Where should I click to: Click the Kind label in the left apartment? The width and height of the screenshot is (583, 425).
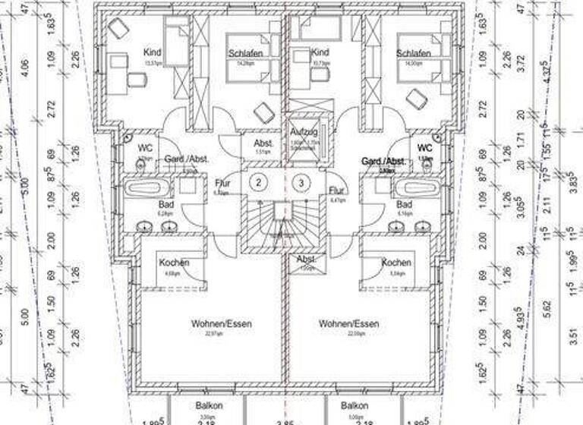click(x=153, y=52)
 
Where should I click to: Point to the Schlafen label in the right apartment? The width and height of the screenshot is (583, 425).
click(x=413, y=54)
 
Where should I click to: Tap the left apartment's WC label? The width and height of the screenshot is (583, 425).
click(x=145, y=148)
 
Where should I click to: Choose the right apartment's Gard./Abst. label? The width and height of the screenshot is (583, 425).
click(x=383, y=162)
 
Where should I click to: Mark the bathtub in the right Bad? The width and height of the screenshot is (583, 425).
click(x=420, y=187)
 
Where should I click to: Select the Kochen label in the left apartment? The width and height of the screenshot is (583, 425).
click(x=174, y=263)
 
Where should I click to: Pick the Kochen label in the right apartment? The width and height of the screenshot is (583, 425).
click(x=395, y=263)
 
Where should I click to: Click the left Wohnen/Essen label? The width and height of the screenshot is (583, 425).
click(x=221, y=323)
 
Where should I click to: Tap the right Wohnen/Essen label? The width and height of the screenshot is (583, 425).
click(x=348, y=323)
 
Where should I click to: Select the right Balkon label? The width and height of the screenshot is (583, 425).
click(x=355, y=406)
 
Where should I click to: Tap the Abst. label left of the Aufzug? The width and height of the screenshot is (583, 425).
click(x=263, y=143)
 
